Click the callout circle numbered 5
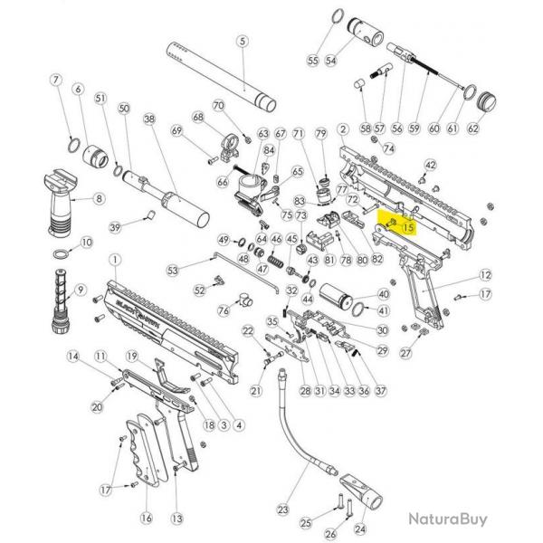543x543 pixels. pyautogui.click(x=242, y=42)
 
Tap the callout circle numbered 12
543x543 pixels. pyautogui.click(x=485, y=274)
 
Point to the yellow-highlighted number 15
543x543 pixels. pyautogui.click(x=407, y=228)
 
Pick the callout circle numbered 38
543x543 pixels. pyautogui.click(x=149, y=119)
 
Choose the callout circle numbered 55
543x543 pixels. pyautogui.click(x=312, y=60)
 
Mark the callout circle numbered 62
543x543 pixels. pyautogui.click(x=472, y=129)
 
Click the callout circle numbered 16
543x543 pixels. pyautogui.click(x=146, y=518)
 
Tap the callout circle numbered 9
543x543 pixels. pyautogui.click(x=81, y=290)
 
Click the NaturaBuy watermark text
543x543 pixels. pyautogui.click(x=446, y=519)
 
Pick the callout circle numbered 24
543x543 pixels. pyautogui.click(x=360, y=529)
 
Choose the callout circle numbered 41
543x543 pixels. pyautogui.click(x=382, y=309)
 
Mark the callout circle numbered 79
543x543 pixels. pyautogui.click(x=319, y=134)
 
